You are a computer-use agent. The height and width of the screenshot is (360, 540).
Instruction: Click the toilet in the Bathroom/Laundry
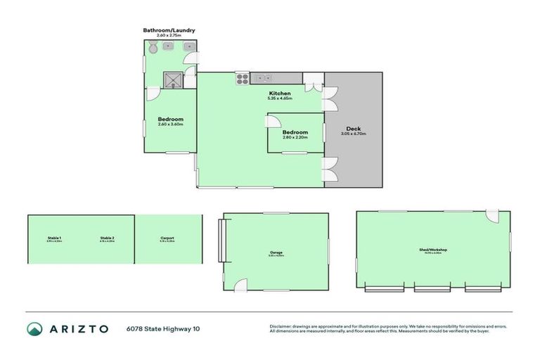tap(153, 48)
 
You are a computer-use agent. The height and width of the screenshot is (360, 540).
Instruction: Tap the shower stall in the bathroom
tap(172, 79)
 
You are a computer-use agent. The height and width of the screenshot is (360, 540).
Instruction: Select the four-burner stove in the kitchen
tap(242, 78)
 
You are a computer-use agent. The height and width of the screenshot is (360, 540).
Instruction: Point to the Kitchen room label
tap(279, 94)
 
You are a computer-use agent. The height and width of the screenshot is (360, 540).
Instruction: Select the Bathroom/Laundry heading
tap(169, 30)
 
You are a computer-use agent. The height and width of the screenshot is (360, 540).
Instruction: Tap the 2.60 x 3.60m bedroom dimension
tap(170, 124)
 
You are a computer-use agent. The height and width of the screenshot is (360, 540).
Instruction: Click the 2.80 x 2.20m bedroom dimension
tap(295, 137)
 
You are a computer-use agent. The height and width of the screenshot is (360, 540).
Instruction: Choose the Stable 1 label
tap(54, 238)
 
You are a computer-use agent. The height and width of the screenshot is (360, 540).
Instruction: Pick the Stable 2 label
tap(107, 238)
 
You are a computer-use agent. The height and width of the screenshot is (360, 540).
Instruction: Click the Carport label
tap(167, 238)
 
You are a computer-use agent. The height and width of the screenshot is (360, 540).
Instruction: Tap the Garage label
tap(276, 252)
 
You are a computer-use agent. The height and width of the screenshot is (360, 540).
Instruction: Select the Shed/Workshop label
tap(433, 250)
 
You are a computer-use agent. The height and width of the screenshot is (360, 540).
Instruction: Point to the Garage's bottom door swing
tap(240, 284)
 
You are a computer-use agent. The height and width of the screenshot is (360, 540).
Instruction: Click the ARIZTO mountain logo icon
tap(34, 328)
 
